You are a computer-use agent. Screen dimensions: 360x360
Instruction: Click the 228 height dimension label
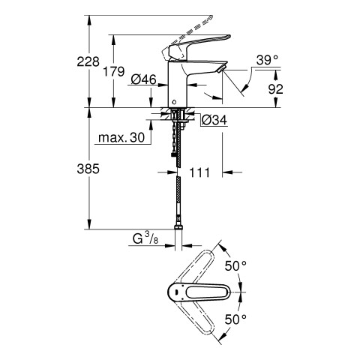88,61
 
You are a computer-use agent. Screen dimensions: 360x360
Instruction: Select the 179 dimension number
114,72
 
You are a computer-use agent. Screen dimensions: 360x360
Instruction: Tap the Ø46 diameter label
143,79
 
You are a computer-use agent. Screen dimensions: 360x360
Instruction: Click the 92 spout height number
275,89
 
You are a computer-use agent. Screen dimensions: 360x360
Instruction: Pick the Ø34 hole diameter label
214,120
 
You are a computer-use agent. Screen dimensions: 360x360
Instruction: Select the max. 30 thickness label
121,137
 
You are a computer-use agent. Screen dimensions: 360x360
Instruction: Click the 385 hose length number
88,169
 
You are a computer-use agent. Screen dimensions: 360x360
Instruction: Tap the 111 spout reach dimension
199,172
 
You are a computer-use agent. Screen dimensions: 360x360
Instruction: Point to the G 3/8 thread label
145,238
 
